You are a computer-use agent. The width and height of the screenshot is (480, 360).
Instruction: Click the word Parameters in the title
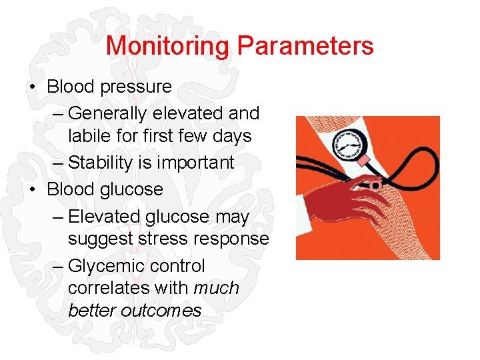(305, 46)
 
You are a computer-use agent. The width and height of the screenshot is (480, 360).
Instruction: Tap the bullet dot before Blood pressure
(33, 87)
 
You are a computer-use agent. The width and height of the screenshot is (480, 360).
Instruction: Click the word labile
(87, 136)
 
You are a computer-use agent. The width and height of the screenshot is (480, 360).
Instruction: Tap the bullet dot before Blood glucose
(33, 189)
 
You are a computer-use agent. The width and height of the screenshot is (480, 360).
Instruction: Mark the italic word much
(216, 288)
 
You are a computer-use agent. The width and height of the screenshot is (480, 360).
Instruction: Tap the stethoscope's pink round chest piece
(376, 185)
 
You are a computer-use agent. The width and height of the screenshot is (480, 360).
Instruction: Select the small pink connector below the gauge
(363, 161)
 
